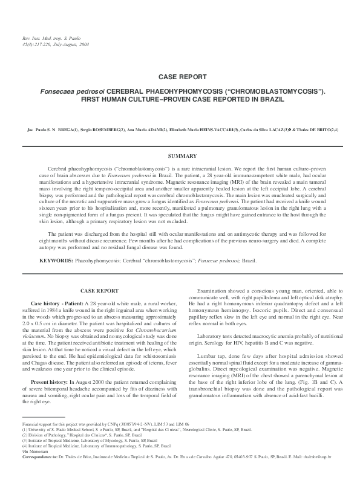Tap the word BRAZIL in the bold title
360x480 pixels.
pos(267,99)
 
